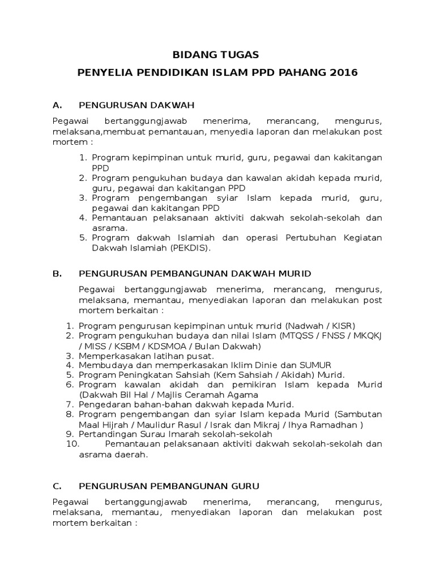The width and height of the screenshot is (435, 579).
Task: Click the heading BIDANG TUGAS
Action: [215, 55]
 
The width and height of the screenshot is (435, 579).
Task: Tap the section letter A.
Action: [56, 105]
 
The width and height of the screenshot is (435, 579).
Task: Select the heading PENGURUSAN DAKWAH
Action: [137, 105]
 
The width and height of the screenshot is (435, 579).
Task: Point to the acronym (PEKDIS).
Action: [190, 248]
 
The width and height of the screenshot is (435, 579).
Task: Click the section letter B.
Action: [56, 274]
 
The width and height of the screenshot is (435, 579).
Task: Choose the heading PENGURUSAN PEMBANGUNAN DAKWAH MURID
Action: [195, 274]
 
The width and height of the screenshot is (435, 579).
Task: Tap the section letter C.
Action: [56, 486]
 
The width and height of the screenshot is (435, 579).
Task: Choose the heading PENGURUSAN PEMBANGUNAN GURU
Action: [169, 486]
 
